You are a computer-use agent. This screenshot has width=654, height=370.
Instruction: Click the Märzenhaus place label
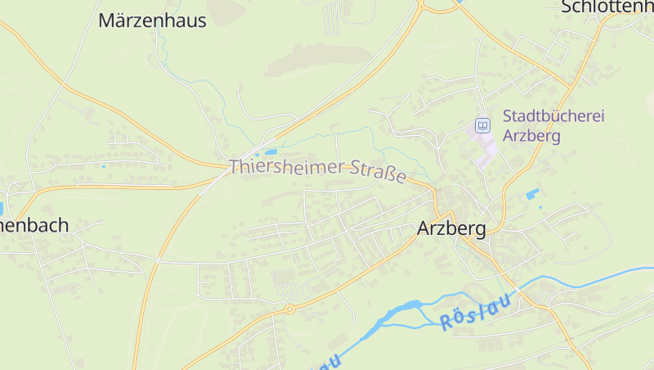[152, 20]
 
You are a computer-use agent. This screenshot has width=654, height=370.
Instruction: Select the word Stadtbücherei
[553, 116]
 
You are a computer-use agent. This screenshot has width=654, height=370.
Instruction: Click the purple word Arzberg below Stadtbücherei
[531, 136]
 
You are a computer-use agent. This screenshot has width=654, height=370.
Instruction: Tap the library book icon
[482, 125]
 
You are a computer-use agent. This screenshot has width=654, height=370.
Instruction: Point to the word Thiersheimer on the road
[287, 168]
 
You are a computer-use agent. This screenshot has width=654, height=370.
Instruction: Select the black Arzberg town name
[451, 228]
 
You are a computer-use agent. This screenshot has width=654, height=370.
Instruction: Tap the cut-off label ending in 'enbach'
[34, 225]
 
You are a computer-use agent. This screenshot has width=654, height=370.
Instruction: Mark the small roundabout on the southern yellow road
[289, 309]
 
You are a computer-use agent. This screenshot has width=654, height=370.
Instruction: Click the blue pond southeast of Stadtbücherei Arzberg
[533, 194]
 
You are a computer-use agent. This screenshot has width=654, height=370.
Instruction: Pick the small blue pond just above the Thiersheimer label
[267, 152]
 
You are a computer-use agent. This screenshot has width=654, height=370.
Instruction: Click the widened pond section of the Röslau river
[406, 309]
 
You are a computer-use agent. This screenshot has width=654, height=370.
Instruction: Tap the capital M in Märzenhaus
[107, 20]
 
